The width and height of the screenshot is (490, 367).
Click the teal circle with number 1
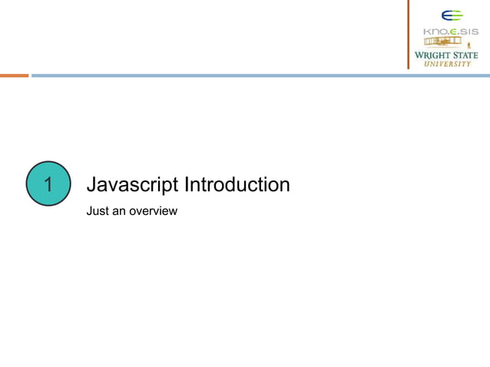click(48, 184)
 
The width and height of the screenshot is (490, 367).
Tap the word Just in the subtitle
click(98, 210)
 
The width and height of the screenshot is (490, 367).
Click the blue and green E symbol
click(452, 15)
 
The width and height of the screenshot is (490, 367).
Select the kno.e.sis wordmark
click(451, 31)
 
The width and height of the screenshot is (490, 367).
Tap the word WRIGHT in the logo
click(432, 55)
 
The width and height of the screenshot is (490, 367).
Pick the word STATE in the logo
click(465, 55)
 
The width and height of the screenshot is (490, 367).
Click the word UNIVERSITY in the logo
click(449, 64)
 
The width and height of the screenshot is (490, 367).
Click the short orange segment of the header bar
click(14, 75)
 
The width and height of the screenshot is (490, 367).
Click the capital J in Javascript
click(92, 185)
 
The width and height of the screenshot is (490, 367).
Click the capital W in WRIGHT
click(419, 55)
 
